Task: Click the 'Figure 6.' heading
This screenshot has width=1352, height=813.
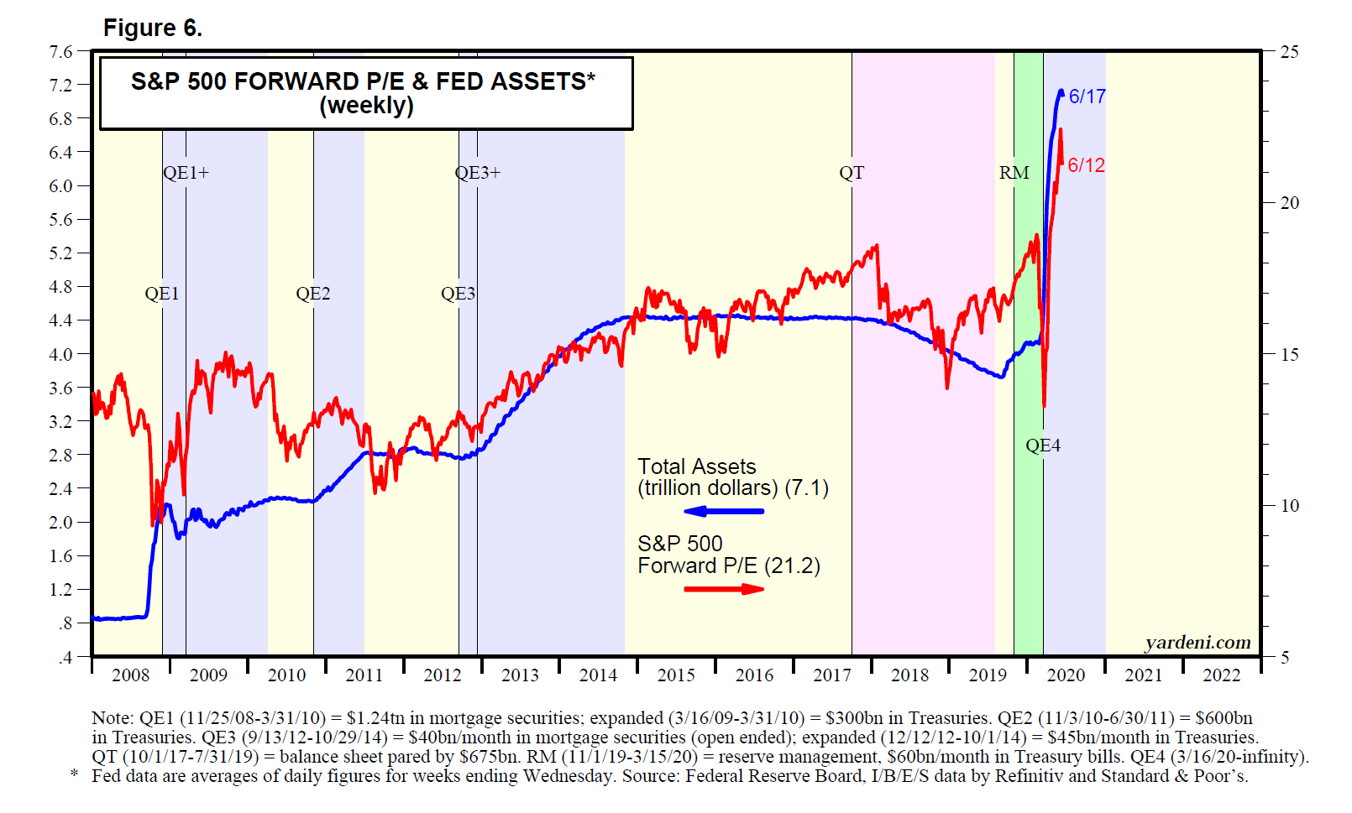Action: click(x=152, y=29)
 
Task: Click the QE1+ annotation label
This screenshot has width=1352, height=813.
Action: click(x=186, y=173)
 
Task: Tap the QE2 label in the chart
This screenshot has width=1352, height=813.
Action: click(x=313, y=294)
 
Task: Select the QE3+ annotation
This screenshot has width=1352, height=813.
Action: click(x=477, y=173)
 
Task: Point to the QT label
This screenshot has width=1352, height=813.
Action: click(x=851, y=173)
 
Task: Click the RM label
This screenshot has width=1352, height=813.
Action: click(x=1014, y=173)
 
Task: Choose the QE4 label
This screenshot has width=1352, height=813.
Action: click(x=1043, y=446)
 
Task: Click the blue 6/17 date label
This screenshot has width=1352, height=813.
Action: click(x=1087, y=96)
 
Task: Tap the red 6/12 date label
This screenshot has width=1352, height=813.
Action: click(x=1086, y=165)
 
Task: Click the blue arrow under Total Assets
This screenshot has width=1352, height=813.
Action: click(x=724, y=511)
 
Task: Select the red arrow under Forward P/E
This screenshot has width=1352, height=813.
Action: click(x=724, y=589)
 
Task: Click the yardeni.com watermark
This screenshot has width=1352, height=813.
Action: click(x=1197, y=643)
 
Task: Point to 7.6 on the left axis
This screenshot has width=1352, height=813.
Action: click(x=61, y=52)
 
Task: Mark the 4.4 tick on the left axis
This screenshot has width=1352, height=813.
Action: click(x=61, y=321)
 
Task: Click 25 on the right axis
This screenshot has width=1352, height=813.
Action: click(x=1289, y=52)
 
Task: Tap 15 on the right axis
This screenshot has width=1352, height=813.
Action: click(x=1289, y=354)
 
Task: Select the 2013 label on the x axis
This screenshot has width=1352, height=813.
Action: click(x=520, y=675)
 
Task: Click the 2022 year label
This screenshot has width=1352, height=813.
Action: click(x=1221, y=675)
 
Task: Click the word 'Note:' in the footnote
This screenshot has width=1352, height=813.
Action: click(x=113, y=718)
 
